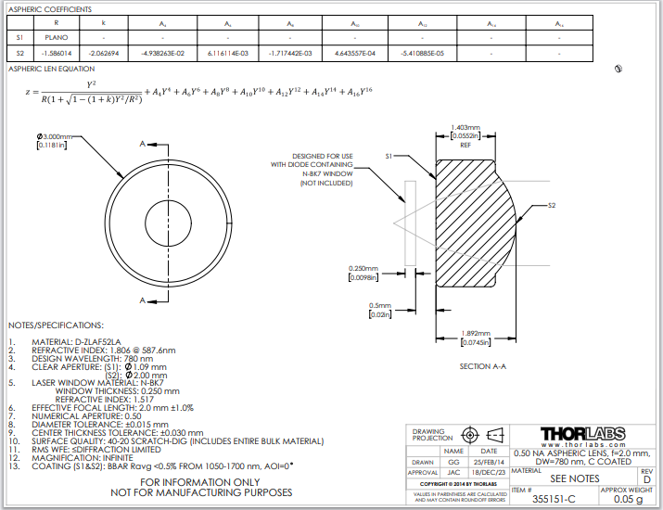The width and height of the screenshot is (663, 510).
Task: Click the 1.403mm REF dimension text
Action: click(x=465, y=128)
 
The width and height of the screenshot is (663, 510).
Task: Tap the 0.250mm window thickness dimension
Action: click(x=366, y=267)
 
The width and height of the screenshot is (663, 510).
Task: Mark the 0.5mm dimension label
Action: click(x=380, y=305)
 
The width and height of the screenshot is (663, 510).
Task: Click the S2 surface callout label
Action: click(x=552, y=204)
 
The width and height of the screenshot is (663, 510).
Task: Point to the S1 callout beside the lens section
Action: click(x=389, y=159)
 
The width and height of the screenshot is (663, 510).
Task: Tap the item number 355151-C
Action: click(x=555, y=499)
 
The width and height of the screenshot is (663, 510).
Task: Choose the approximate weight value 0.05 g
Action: click(x=628, y=499)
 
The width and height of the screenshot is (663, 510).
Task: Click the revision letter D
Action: click(x=647, y=478)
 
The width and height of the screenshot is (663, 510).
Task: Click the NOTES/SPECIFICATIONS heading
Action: click(x=56, y=325)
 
